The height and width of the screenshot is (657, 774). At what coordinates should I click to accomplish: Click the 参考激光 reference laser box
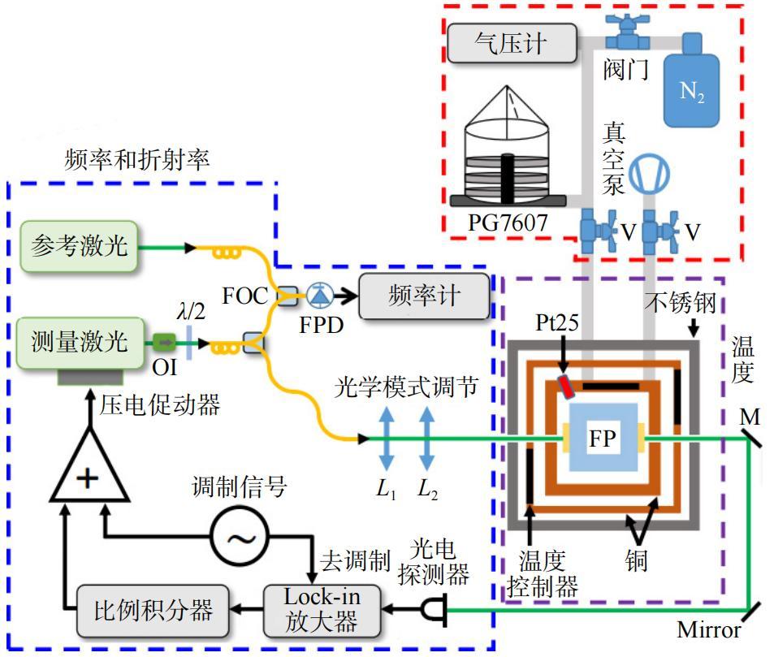79,246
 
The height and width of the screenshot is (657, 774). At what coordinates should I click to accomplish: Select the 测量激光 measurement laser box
81,343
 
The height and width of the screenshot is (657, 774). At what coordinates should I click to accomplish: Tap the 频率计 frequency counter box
424,296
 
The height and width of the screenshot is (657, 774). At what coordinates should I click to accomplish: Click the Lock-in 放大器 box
322,611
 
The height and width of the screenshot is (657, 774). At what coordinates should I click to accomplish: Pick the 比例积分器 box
153,611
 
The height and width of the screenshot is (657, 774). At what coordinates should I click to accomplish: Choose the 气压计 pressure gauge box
512,43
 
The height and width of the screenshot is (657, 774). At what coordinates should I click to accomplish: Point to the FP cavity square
603,438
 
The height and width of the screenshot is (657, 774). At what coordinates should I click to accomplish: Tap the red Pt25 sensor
566,387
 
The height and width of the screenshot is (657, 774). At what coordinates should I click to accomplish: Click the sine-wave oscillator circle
240,535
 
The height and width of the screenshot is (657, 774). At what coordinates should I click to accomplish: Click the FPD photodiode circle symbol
320,296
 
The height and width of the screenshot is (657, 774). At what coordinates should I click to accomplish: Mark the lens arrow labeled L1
387,439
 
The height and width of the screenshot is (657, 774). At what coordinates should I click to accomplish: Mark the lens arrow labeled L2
427,439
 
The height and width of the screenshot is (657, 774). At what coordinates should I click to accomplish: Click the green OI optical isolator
164,342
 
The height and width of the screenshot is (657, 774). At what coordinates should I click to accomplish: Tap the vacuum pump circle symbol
650,174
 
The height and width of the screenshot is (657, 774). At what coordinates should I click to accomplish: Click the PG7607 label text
508,223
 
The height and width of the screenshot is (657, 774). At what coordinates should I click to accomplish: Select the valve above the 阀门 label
628,32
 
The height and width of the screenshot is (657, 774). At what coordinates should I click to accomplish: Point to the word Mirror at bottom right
708,630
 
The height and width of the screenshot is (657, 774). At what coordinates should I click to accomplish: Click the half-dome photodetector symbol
435,609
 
